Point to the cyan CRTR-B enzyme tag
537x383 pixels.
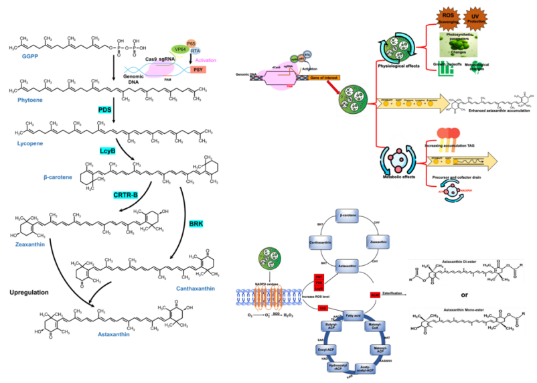(126, 195)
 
